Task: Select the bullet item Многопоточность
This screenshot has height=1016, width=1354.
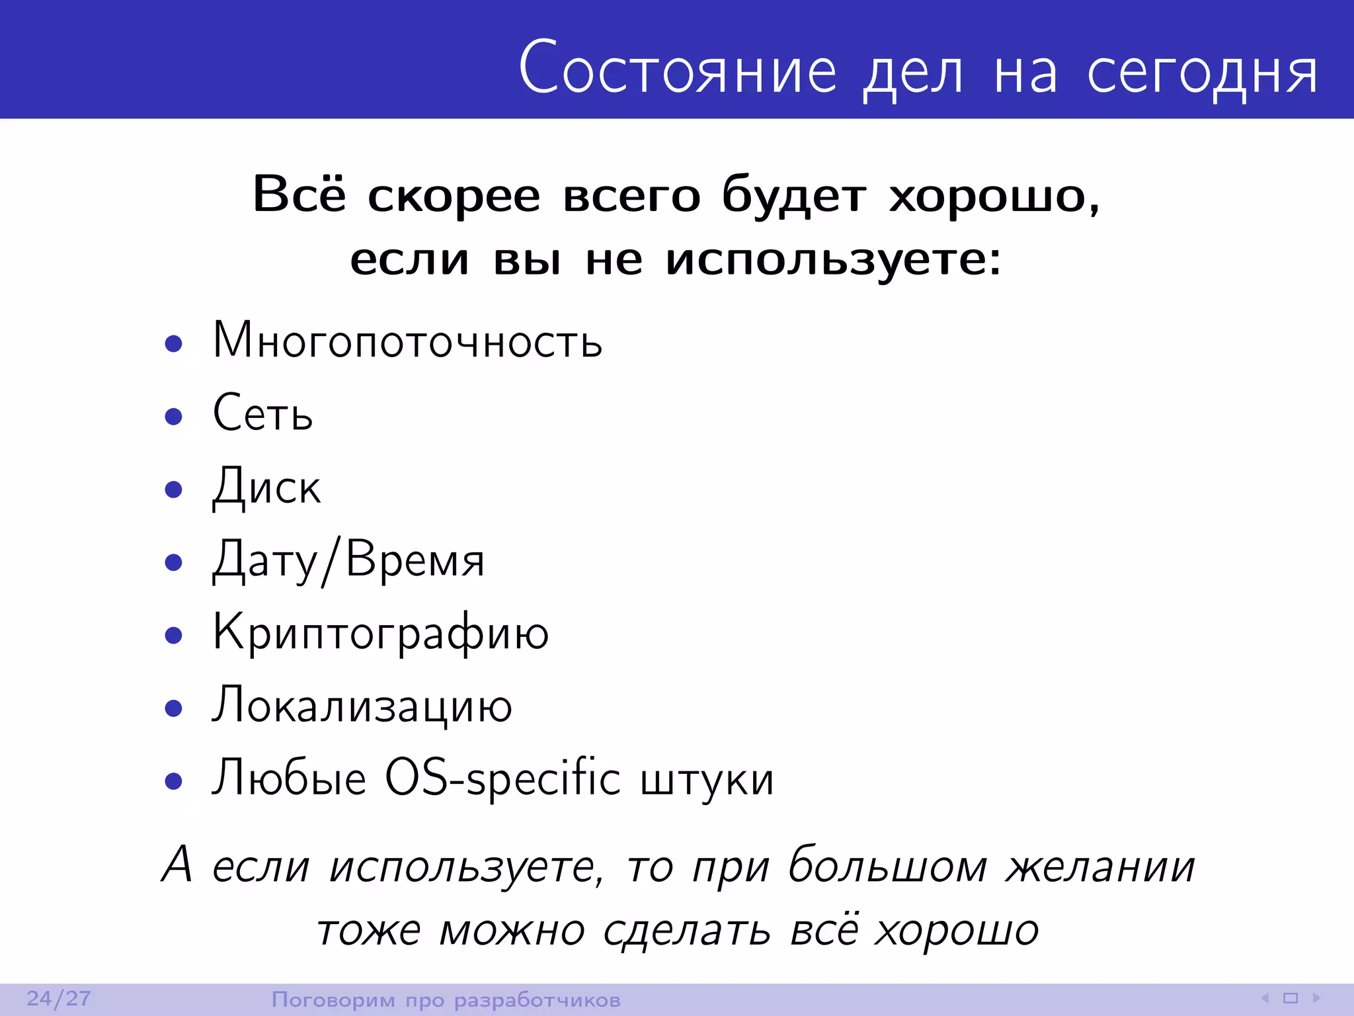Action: click(407, 341)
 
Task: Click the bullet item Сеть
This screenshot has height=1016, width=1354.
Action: click(262, 413)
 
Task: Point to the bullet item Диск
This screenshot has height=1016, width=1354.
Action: click(266, 487)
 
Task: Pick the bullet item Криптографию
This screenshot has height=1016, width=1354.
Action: click(380, 634)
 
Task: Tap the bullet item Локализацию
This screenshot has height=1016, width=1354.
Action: click(362, 706)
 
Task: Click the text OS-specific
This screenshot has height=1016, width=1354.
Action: click(502, 779)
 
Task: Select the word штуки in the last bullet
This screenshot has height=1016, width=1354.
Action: click(707, 781)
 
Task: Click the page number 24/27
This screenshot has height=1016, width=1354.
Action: click(59, 999)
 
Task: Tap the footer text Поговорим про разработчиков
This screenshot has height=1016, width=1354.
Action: click(446, 1000)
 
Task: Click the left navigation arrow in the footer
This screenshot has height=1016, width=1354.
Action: click(1265, 998)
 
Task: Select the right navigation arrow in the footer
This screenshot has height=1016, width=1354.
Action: click(1316, 998)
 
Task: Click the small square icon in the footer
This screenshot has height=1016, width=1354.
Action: click(1291, 998)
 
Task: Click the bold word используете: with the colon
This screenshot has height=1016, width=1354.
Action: click(834, 260)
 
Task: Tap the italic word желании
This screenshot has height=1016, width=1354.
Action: click(1100, 867)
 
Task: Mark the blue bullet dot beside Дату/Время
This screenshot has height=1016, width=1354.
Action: click(174, 562)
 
